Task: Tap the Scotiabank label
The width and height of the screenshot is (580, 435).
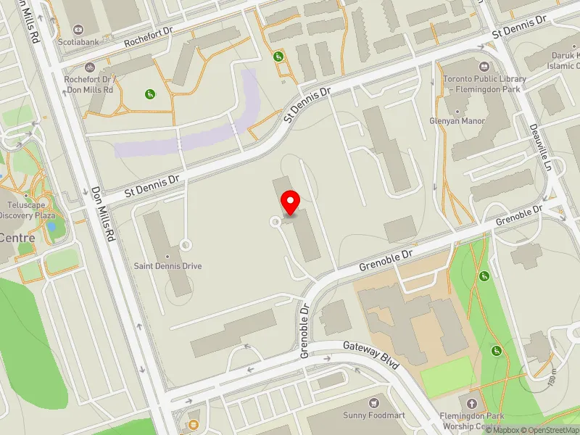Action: [80, 43]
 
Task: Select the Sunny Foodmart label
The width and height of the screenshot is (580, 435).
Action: [376, 415]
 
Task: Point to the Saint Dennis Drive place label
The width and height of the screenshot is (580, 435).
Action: [167, 266]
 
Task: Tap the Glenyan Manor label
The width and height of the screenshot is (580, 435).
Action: [457, 121]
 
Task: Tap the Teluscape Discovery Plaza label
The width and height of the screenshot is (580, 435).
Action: [27, 210]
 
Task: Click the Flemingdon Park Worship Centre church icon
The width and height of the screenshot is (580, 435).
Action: [473, 403]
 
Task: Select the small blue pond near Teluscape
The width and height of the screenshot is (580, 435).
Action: [51, 226]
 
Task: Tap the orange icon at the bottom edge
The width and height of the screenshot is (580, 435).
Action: [194, 424]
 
